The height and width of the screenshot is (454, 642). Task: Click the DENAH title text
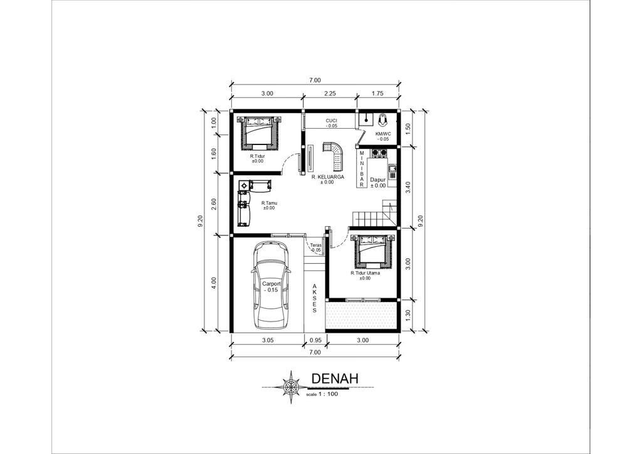335,379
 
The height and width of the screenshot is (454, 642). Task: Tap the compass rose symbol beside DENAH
291,387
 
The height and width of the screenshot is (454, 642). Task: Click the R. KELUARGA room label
327,177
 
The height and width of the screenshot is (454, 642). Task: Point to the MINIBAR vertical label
362,169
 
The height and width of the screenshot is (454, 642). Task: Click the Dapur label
378,180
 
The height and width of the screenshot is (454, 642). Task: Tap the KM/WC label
383,134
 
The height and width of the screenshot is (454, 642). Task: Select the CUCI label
331,120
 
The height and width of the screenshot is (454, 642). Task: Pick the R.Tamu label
268,203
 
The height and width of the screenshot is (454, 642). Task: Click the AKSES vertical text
314,298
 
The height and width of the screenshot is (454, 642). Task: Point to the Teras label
315,246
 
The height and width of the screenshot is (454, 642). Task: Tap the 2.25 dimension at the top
330,94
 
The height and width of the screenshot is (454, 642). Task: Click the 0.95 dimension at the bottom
315,340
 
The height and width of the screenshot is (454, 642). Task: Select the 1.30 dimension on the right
408,315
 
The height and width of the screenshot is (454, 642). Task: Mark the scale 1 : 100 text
322,394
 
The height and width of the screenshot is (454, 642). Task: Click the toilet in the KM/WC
382,119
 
